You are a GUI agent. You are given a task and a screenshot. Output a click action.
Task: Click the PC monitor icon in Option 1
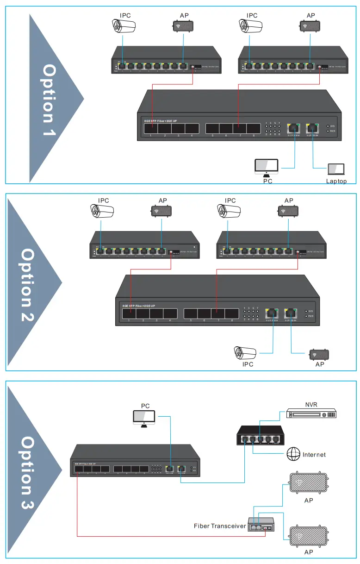pyautogui.click(x=267, y=166)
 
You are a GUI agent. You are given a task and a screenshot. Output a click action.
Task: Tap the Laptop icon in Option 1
pyautogui.click(x=336, y=169)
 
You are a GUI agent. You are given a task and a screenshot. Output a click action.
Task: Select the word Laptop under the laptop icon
pyautogui.click(x=336, y=181)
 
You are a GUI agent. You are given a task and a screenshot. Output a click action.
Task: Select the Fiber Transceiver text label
pyautogui.click(x=220, y=526)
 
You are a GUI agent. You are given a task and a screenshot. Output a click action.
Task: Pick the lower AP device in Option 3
pyautogui.click(x=309, y=535)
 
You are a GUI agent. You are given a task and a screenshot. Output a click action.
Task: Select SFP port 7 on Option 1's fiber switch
pyautogui.click(x=239, y=128)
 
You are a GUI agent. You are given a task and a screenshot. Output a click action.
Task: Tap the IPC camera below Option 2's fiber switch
pyautogui.click(x=245, y=353)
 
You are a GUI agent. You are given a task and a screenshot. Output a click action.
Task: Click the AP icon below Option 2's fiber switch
pyautogui.click(x=319, y=355)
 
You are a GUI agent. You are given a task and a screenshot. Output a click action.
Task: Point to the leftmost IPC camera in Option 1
pyautogui.click(x=123, y=26)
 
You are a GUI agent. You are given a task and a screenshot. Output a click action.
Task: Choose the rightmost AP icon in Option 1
pyautogui.click(x=310, y=26)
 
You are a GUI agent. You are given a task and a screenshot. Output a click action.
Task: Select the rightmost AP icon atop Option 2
pyautogui.click(x=289, y=211)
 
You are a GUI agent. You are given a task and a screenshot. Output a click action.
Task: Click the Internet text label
pyautogui.click(x=314, y=455)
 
